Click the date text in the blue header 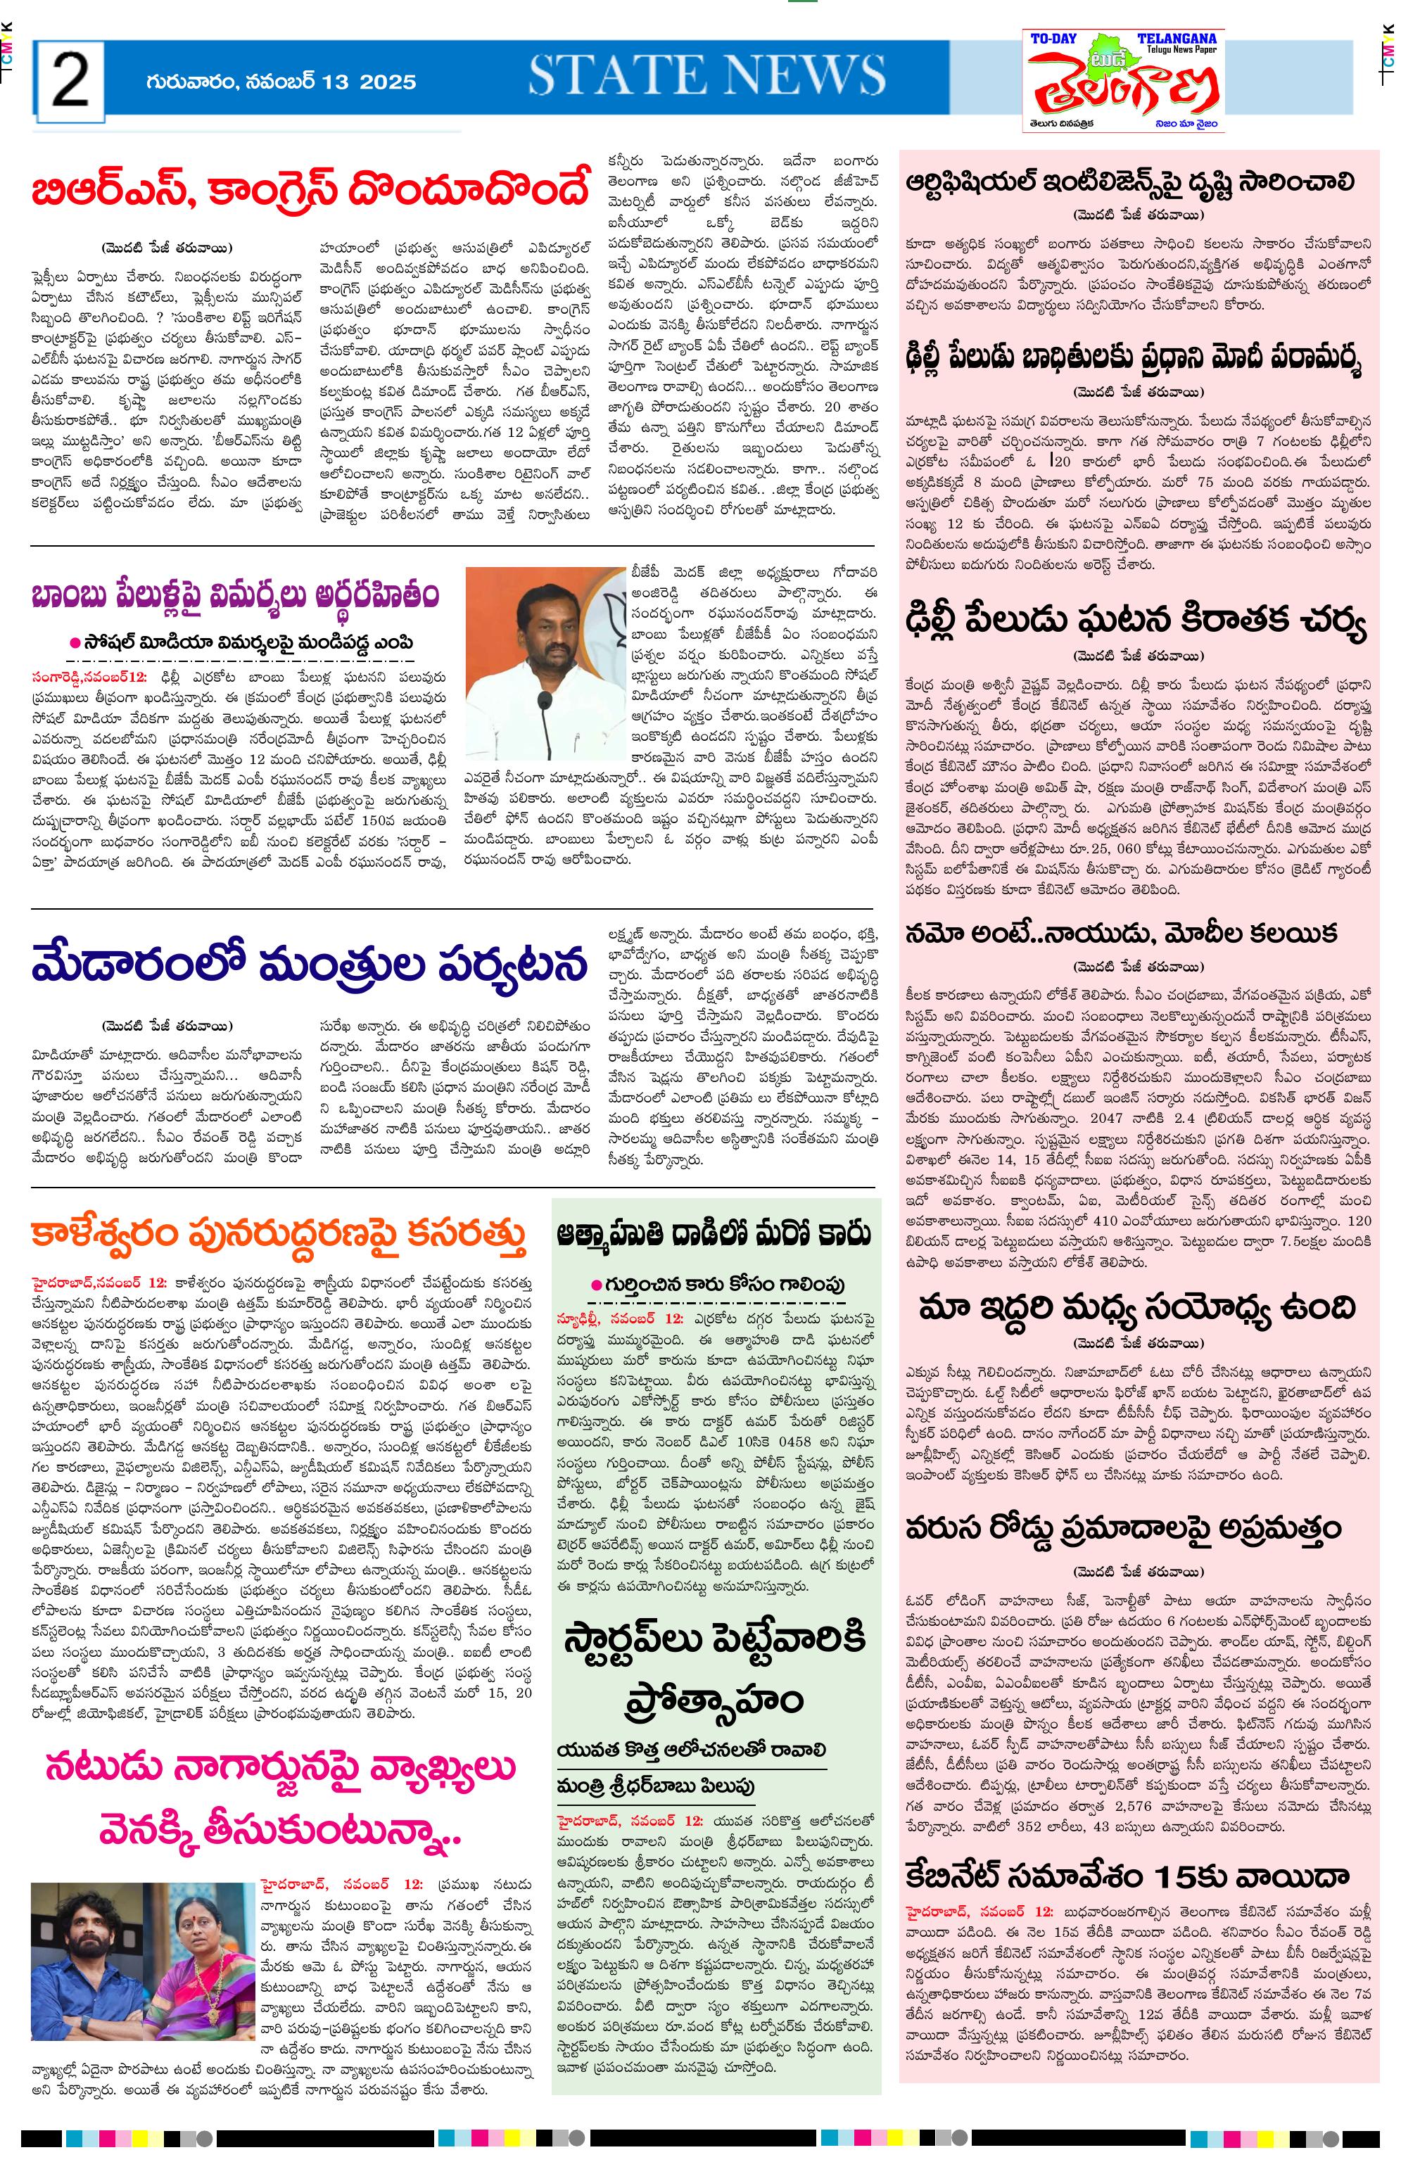[280, 82]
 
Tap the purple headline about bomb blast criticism [235, 596]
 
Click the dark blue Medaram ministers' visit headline [310, 963]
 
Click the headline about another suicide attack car [714, 1234]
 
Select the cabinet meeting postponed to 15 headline [1127, 1875]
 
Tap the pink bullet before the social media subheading [75, 642]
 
